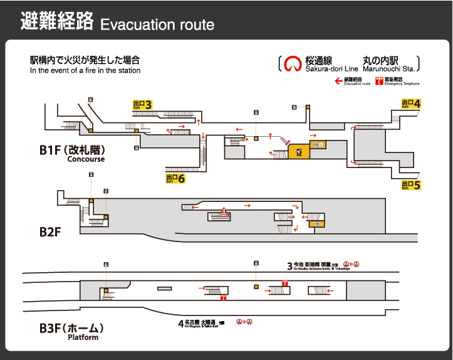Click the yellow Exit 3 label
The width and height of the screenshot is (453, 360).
click(x=142, y=105)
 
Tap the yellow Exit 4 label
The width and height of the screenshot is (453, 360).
click(x=411, y=103)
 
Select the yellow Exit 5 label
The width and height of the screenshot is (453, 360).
click(x=411, y=185)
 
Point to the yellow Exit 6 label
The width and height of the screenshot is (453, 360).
click(x=175, y=179)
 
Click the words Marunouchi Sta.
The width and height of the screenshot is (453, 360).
click(x=388, y=68)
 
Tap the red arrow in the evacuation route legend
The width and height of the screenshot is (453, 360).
click(x=338, y=80)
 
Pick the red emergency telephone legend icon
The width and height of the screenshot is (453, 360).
click(x=379, y=80)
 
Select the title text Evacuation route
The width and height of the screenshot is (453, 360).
click(x=157, y=25)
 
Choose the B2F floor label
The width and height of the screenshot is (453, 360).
click(x=49, y=231)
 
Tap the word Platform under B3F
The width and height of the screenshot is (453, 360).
click(x=83, y=337)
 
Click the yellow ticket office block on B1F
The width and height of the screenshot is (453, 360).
click(x=299, y=151)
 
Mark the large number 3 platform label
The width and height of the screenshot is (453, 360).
click(x=289, y=265)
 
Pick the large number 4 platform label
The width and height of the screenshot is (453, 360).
click(x=181, y=324)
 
